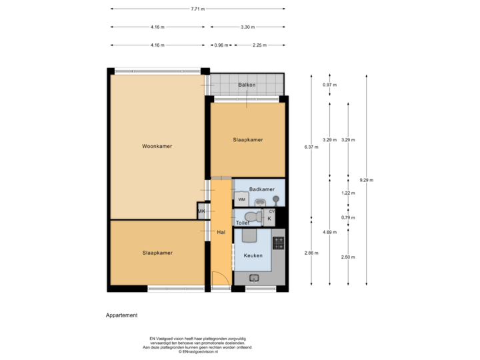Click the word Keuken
click(x=253, y=255)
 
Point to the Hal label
click(x=221, y=231)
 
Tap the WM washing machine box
click(x=241, y=199)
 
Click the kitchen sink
click(x=254, y=278)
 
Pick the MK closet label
click(x=201, y=212)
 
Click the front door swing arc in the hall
click(x=219, y=280)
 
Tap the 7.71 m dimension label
click(x=198, y=9)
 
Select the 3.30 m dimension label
click(x=248, y=27)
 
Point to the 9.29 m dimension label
click(x=366, y=180)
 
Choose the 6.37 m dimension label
click(x=311, y=147)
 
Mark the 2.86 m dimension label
click(x=311, y=253)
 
